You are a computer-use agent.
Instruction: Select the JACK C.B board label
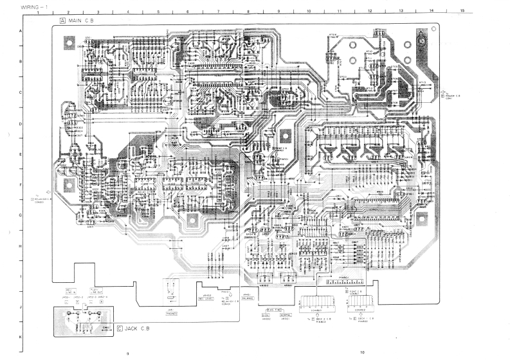point(136,328)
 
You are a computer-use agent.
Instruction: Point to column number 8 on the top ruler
point(248,12)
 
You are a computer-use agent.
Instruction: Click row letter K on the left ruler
point(21,337)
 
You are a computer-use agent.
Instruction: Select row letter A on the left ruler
point(21,31)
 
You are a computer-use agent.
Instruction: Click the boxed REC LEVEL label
point(206,299)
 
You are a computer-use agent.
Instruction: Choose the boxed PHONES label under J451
point(172,314)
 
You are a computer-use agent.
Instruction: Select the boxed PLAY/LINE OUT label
point(97,291)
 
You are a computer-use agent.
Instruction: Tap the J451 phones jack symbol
point(170,292)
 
